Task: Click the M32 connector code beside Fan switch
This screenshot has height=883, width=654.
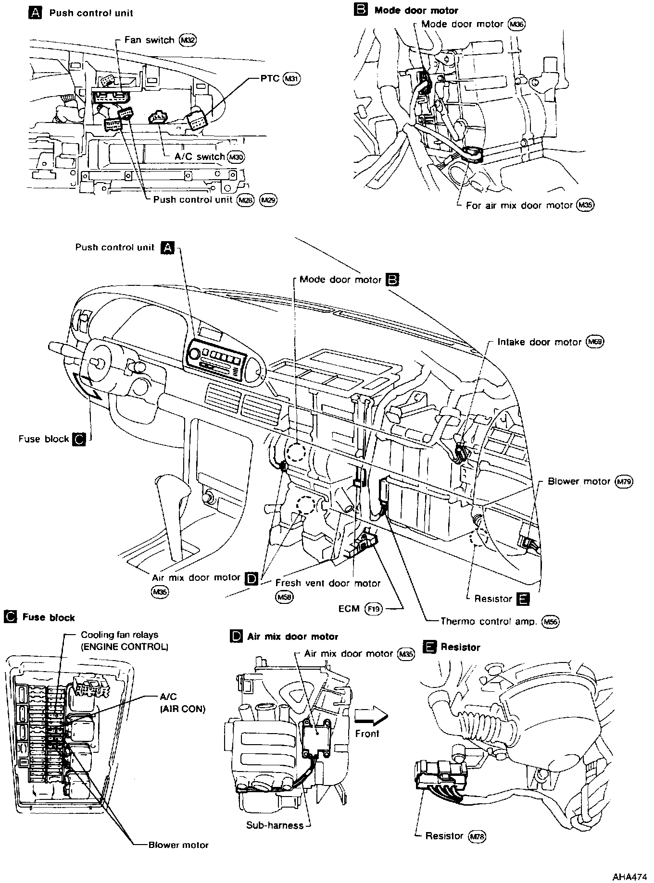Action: (x=188, y=40)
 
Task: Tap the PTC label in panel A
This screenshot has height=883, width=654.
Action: (x=270, y=78)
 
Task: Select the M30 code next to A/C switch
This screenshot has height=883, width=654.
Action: (x=236, y=157)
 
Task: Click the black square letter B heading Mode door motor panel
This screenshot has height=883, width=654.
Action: (x=361, y=10)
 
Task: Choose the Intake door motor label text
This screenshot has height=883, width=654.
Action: (x=539, y=342)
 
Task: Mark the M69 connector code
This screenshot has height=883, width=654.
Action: (x=595, y=342)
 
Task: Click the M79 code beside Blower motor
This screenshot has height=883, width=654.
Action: (x=625, y=481)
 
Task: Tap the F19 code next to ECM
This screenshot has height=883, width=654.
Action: (x=373, y=609)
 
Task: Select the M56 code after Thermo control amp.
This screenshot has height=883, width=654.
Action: (x=550, y=621)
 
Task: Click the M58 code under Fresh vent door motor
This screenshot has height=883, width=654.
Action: (x=284, y=597)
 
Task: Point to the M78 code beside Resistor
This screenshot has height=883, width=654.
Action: (x=478, y=836)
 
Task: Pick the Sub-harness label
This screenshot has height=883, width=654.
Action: (x=275, y=825)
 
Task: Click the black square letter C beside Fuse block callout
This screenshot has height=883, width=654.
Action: (x=78, y=439)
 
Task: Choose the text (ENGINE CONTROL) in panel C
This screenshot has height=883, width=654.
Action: (x=124, y=647)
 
